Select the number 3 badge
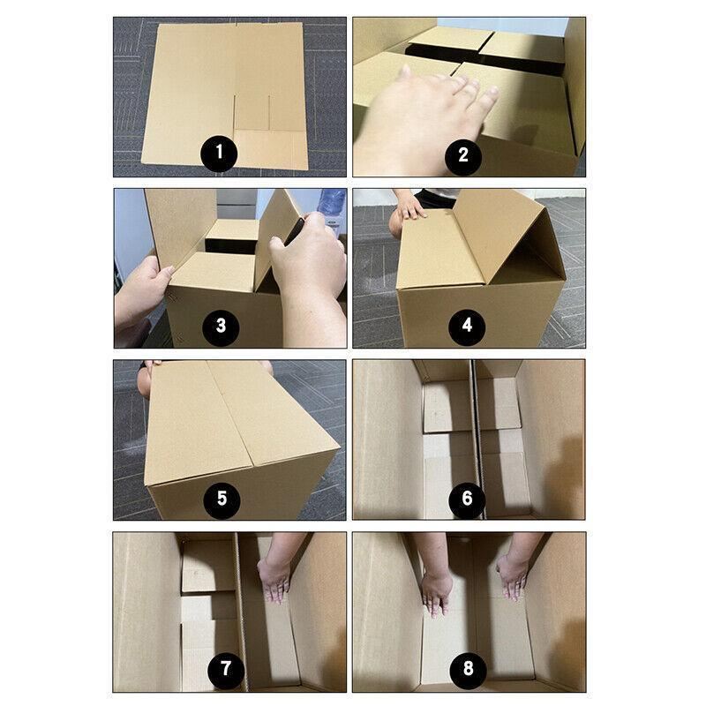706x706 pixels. (x=221, y=327)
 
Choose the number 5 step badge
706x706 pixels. (x=222, y=499)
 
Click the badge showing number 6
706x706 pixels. (x=467, y=499)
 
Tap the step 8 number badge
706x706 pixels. (x=467, y=668)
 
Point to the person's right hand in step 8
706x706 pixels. (x=436, y=591)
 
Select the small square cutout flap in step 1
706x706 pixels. (x=251, y=113)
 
